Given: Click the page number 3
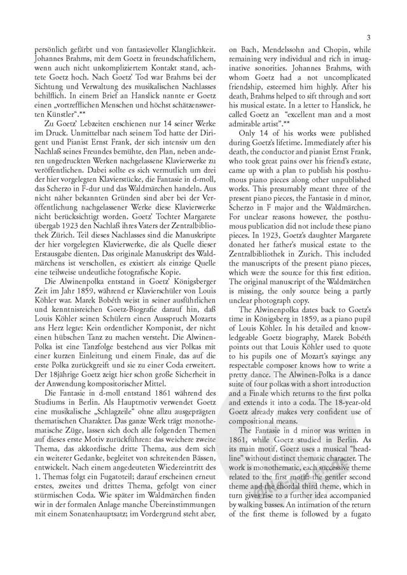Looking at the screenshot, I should (368, 39).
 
